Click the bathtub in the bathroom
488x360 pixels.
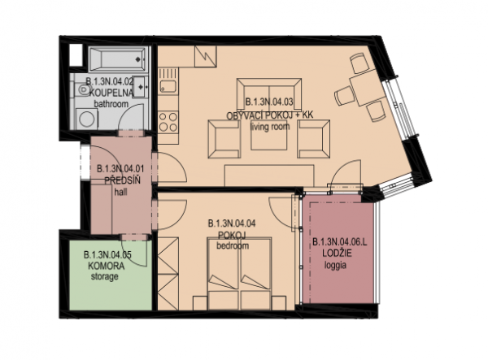pos(117,59)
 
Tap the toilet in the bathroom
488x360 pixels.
pos(81,90)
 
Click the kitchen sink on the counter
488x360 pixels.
pos(168,85)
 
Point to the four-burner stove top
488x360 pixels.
pos(168,122)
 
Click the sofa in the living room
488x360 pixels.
pos(269,94)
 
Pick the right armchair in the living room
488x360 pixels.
pos(314,139)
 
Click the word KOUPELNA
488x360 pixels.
pos(111,93)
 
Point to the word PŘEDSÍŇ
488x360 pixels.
pos(122,180)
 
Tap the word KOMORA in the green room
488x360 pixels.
pos(106,266)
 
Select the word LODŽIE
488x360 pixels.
pos(337,254)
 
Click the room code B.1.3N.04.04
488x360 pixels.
pos(232,223)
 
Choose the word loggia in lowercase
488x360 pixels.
pos(335,266)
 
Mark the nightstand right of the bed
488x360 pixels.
pos(278,303)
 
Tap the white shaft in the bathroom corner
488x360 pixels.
pos(76,55)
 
